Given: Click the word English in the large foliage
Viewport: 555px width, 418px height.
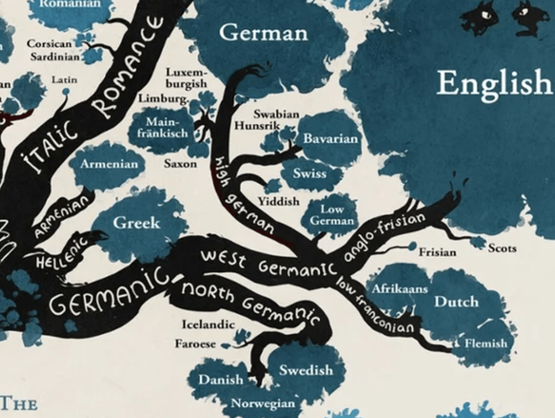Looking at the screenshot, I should pyautogui.click(x=494, y=83).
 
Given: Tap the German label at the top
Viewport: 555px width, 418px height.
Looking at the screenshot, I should pyautogui.click(x=263, y=33).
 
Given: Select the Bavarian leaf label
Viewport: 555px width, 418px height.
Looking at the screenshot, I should pyautogui.click(x=331, y=139).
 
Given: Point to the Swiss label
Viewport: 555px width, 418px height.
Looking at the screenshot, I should pyautogui.click(x=310, y=173).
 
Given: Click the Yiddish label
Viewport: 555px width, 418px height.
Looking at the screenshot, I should pyautogui.click(x=278, y=202).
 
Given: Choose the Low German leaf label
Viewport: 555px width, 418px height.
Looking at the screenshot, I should pyautogui.click(x=332, y=215).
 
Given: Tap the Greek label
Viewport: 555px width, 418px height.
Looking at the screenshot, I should pyautogui.click(x=137, y=223).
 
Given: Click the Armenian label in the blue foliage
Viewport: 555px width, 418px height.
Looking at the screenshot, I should pyautogui.click(x=110, y=164).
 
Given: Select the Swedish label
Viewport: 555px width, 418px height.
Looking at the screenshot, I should pyautogui.click(x=306, y=370).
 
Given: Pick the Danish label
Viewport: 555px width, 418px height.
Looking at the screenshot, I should pyautogui.click(x=220, y=380).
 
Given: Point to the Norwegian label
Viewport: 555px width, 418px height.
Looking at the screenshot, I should pyautogui.click(x=263, y=403).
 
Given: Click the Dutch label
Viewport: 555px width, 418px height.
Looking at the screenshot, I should pyautogui.click(x=456, y=301).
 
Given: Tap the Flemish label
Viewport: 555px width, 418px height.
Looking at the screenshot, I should pyautogui.click(x=486, y=343).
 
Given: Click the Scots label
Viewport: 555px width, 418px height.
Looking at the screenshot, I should pyautogui.click(x=502, y=248).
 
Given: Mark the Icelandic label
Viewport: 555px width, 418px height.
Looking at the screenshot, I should pyautogui.click(x=208, y=324).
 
